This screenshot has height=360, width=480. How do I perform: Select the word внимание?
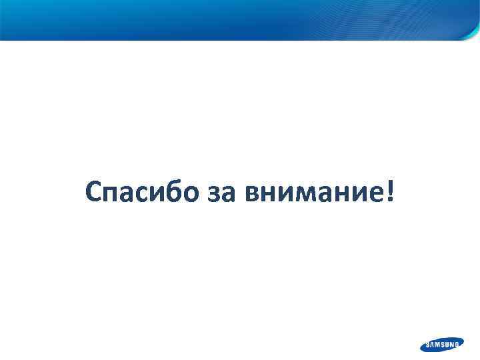(311, 194)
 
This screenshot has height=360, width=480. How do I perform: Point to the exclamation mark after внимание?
(389, 192)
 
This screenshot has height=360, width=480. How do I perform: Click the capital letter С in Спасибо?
(94, 193)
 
